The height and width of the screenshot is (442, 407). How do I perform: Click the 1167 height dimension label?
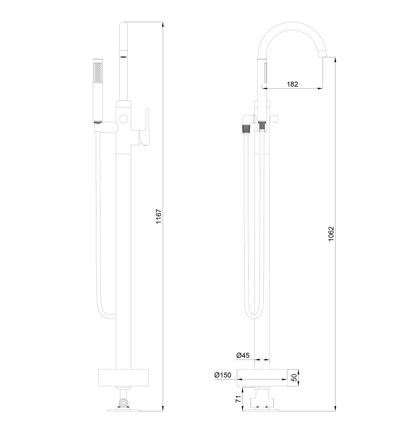click(159, 218)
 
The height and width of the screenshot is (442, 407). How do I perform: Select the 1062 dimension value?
click(331, 235)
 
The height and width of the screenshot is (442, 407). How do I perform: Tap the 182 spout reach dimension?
click(293, 84)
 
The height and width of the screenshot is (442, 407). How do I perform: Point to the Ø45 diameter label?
click(243, 355)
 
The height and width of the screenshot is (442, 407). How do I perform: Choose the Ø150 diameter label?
click(223, 375)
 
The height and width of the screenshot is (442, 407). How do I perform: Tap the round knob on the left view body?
click(123, 119)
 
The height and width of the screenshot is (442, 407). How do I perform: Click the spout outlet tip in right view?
click(323, 53)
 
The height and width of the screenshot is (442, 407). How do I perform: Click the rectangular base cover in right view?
click(262, 378)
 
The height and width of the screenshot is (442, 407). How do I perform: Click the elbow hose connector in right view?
click(247, 124)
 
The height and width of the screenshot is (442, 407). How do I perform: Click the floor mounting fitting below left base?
click(123, 403)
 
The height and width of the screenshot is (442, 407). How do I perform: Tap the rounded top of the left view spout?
click(123, 25)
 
